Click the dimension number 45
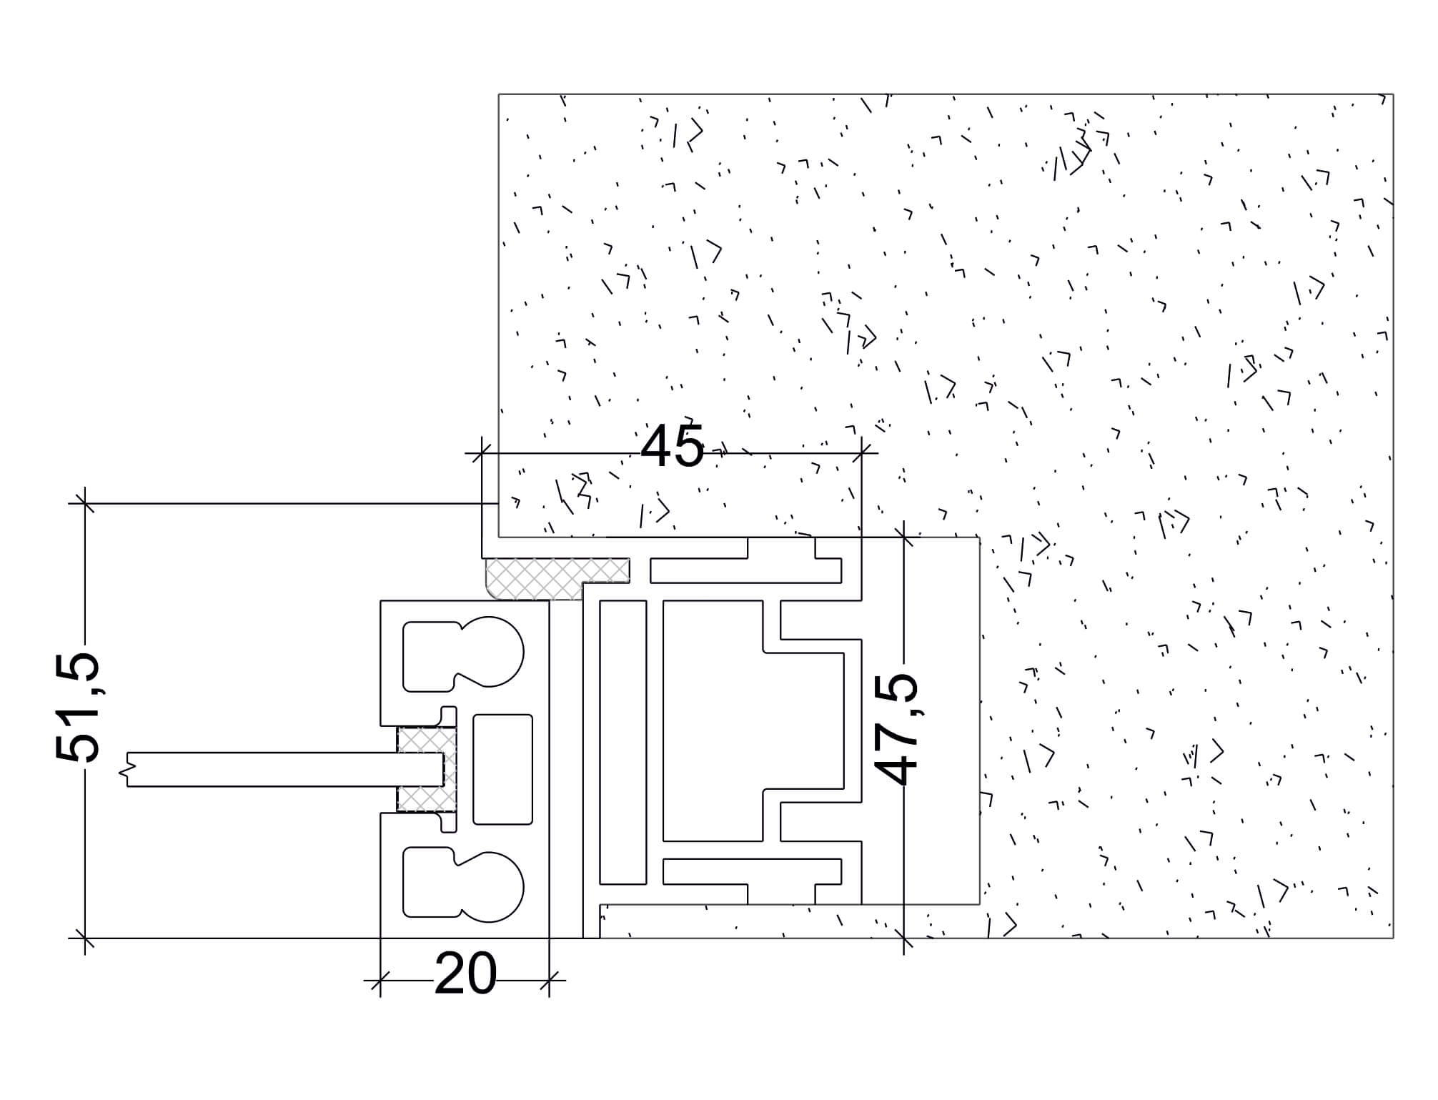coord(672,446)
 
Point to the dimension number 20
coord(465,973)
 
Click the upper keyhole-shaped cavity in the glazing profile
coord(463,654)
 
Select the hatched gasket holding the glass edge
coord(427,769)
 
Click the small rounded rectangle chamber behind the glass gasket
coord(502,769)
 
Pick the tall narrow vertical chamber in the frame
coord(623,742)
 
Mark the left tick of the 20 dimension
coord(380,980)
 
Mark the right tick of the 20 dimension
coord(549,980)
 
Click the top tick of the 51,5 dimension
coord(85,504)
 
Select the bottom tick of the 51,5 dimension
coord(85,938)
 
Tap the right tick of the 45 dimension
coord(862,452)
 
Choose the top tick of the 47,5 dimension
coord(904,537)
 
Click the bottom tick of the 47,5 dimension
coord(904,938)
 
